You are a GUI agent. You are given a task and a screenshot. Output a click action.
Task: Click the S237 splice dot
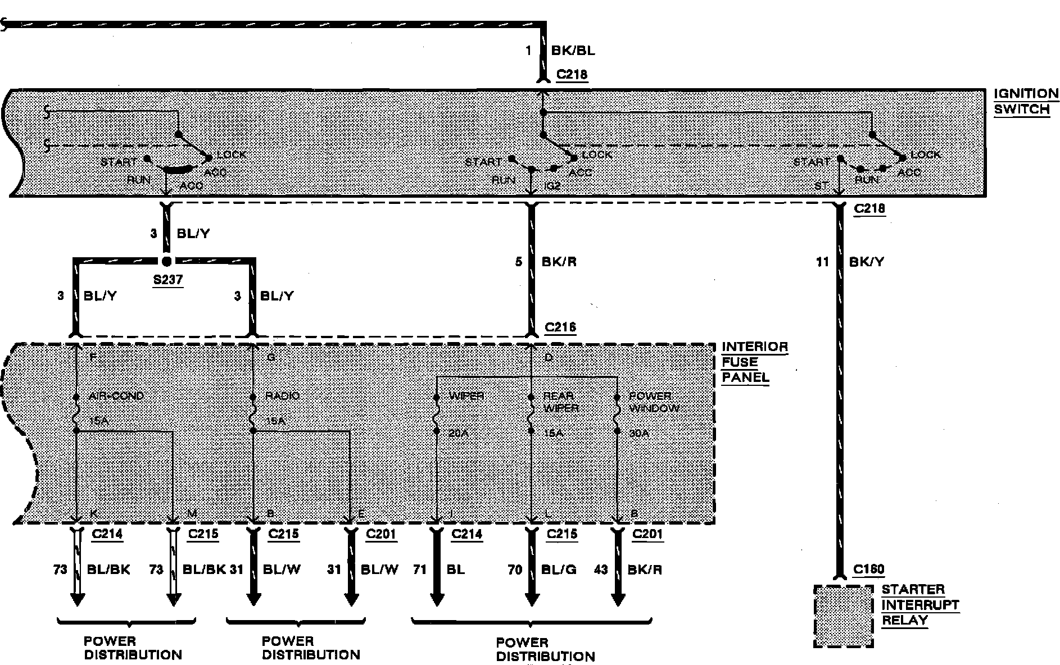[x=166, y=261]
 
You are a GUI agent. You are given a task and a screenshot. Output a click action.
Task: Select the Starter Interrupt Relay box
[x=844, y=616]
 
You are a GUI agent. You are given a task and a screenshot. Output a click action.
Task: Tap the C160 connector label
[x=868, y=570]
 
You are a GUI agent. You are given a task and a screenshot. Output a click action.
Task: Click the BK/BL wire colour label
[x=573, y=51]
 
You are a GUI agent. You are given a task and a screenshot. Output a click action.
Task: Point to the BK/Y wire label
[x=867, y=262]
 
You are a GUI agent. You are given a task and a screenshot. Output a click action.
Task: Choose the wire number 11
[x=822, y=262]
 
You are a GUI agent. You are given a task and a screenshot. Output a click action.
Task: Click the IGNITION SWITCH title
[x=1026, y=101]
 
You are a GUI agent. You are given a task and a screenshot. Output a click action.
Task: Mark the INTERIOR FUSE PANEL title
[x=754, y=362]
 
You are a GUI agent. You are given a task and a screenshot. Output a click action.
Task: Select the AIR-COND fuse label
[x=116, y=396]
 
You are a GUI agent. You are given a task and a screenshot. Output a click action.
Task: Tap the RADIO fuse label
[x=282, y=396]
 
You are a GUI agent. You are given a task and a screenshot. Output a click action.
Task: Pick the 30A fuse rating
[x=639, y=434]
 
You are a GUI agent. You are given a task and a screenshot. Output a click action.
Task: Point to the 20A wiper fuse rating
[x=459, y=434]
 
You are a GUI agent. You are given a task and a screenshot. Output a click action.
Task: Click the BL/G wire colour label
[x=559, y=570]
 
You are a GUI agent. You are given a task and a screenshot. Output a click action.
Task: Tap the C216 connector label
[x=560, y=327]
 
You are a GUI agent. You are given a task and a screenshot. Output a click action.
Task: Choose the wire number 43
[x=601, y=570]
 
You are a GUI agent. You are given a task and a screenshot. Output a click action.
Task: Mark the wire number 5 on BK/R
[x=519, y=262]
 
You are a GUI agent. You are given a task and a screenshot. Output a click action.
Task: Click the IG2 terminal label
[x=553, y=185]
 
